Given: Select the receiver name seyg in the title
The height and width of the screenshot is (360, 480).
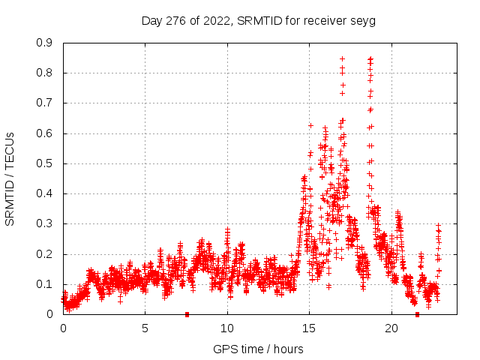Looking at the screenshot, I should coord(361,21).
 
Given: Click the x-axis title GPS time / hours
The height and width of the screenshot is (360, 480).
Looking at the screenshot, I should coord(258,349).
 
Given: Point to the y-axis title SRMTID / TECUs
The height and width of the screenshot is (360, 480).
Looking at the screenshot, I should coord(10,178).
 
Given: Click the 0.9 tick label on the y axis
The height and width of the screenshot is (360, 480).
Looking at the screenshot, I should coord(45,43).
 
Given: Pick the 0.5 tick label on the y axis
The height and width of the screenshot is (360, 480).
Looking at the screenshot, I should coord(45,163).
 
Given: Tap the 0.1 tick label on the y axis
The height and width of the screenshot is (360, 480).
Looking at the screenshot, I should coord(45,284).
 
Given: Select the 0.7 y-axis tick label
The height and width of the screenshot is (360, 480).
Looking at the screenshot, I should coord(45,103).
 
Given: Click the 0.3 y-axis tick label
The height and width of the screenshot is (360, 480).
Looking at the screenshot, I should coord(45,223).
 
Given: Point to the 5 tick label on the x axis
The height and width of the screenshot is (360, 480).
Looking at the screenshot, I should coord(145,328).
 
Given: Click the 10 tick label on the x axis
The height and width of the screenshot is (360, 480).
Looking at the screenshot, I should coord(227,328).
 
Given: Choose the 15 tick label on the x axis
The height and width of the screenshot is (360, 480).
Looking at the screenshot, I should coord(309,328).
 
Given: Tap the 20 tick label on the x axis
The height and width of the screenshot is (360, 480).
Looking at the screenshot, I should coord(391,328).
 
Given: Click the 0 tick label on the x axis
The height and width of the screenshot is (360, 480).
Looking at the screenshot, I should coord(63,328).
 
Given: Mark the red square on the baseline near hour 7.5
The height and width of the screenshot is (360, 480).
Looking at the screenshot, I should coord(187,314).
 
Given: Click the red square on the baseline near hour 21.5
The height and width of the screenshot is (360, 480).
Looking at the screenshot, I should coord(417,314).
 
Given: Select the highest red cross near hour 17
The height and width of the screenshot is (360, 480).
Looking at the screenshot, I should coord(342,58).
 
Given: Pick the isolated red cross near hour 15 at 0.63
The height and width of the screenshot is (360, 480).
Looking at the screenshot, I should coord(310,125).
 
